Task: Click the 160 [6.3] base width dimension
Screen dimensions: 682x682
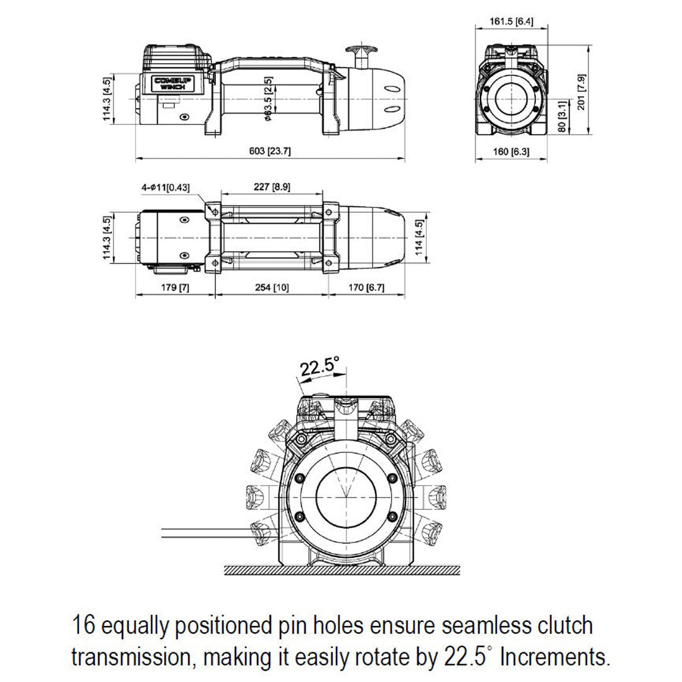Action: tap(510, 152)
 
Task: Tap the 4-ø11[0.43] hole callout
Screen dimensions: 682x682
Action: tap(165, 188)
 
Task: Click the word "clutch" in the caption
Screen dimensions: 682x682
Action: tap(559, 625)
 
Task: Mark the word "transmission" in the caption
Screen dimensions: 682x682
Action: tap(131, 657)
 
